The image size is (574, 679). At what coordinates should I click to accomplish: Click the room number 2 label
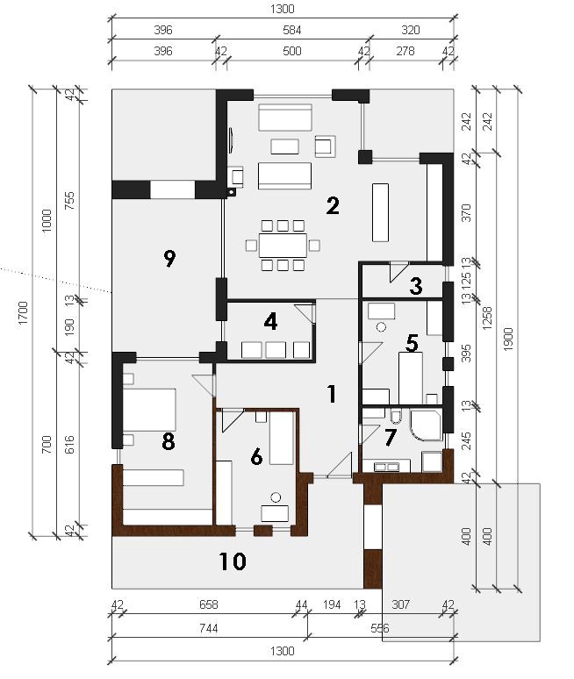(x=333, y=205)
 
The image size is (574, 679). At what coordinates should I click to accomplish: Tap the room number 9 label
(x=169, y=259)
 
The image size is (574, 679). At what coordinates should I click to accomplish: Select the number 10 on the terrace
(x=233, y=561)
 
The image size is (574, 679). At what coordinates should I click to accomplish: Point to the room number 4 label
(x=270, y=322)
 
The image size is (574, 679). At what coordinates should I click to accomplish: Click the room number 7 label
(x=391, y=438)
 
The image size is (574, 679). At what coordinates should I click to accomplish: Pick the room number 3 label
(x=416, y=286)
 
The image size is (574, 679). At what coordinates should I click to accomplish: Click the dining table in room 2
(x=283, y=246)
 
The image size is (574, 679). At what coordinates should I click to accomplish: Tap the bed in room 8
(x=149, y=410)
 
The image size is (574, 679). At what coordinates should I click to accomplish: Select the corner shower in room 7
(x=426, y=425)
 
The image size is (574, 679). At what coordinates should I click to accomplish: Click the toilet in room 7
(x=396, y=416)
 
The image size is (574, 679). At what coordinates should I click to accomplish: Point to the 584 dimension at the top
(x=292, y=30)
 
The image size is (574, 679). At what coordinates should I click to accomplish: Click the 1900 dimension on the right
(x=508, y=339)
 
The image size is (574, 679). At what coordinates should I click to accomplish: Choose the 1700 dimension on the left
(x=23, y=312)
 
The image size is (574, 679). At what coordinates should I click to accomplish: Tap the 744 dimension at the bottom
(x=208, y=628)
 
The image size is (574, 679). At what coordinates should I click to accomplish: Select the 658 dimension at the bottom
(x=208, y=604)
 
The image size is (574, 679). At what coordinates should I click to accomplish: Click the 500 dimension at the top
(x=292, y=51)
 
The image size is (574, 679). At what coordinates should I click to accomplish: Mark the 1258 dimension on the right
(x=487, y=318)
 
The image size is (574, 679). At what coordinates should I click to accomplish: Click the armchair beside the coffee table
(x=326, y=147)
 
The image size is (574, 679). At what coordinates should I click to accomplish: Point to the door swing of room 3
(x=398, y=272)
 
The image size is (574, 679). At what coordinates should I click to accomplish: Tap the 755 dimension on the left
(x=69, y=201)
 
